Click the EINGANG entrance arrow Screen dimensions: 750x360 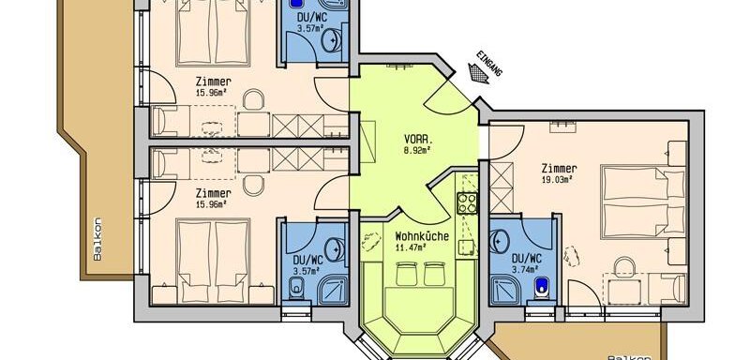coord(478,74)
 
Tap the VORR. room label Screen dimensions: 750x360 coord(418,140)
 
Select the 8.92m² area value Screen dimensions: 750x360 coord(418,150)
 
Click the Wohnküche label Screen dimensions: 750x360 coord(422,236)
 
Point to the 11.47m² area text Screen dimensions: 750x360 coord(411,247)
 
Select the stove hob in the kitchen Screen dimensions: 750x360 coord(467,202)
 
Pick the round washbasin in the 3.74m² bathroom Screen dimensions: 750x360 coord(501,243)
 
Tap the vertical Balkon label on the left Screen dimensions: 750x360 coord(97,239)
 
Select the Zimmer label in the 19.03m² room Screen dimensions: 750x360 coord(559,169)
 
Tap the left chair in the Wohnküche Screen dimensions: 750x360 coord(407,274)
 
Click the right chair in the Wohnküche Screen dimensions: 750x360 coord(434,274)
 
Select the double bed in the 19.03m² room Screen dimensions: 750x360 coord(643,202)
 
